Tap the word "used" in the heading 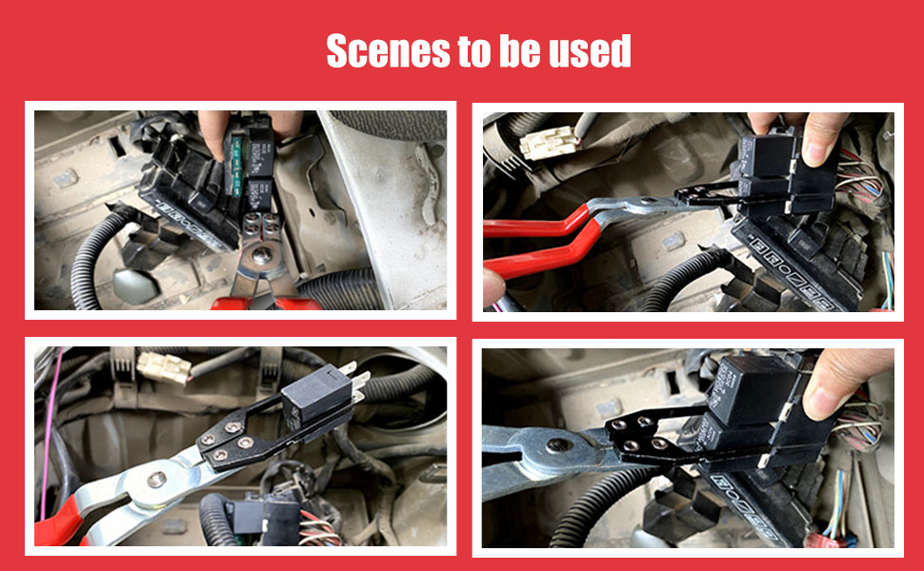coord(590,52)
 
